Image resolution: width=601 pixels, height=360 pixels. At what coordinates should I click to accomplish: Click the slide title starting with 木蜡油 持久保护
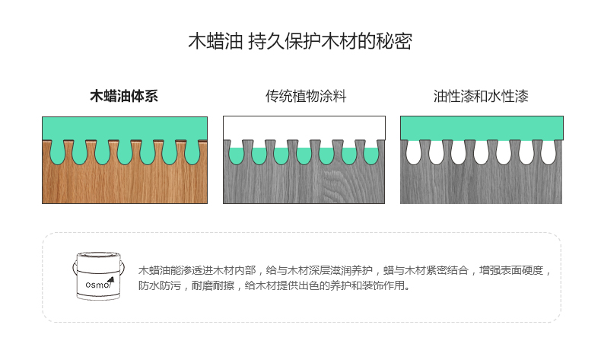[x=300, y=42]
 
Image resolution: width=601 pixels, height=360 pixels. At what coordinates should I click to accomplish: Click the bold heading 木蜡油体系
[x=124, y=97]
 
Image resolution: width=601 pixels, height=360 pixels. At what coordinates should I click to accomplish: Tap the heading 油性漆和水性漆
[x=481, y=97]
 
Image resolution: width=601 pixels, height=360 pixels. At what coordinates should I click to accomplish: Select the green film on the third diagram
[x=481, y=126]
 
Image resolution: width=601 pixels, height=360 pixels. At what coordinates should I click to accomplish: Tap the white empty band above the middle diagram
[x=304, y=127]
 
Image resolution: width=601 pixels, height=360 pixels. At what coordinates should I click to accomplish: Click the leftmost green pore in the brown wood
[x=56, y=153]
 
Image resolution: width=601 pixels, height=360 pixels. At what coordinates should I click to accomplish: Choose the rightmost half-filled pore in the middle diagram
[x=371, y=155]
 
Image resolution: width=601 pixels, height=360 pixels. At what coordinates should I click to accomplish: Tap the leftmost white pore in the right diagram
[x=415, y=153]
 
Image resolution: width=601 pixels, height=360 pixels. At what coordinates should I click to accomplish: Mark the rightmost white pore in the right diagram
[x=549, y=153]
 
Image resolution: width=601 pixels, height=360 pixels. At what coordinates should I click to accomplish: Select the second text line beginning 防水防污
[x=274, y=287]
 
